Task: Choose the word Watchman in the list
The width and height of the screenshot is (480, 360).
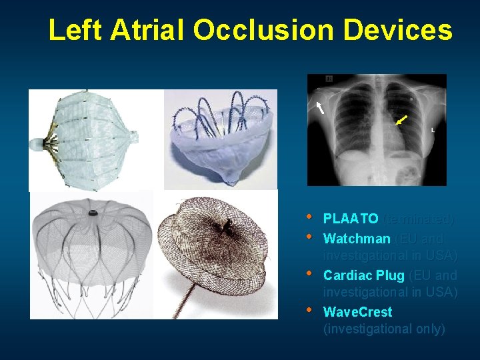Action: [x=357, y=239]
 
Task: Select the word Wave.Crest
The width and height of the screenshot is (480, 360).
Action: [x=357, y=312]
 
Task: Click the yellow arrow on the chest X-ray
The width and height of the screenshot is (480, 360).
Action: [x=401, y=119]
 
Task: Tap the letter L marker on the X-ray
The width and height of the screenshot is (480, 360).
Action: [x=433, y=130]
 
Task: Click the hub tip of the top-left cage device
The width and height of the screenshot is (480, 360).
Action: [x=35, y=143]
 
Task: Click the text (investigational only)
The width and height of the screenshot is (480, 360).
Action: [x=384, y=329]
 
